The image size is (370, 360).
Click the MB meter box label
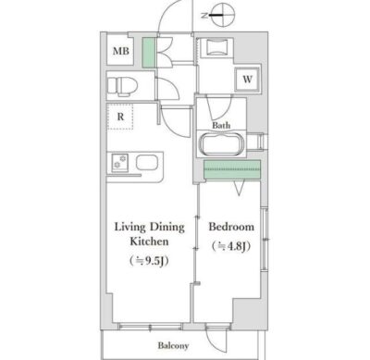pos(121,51)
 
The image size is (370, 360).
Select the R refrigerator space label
pos(120,117)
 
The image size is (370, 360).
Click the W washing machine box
pos(247,79)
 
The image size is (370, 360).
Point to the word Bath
pos(221,125)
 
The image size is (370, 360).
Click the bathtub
pos(222,144)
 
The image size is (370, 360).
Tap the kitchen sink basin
pos(147,162)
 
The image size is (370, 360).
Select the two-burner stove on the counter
pos(119,162)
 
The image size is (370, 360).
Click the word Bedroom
pos(231,227)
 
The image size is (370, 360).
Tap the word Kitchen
pos(149,242)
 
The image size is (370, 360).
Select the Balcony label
pos(173,345)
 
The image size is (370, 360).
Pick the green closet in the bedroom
pos(232,169)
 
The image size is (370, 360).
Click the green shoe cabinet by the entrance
pos(148,52)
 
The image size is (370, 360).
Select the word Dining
pos(167,228)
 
